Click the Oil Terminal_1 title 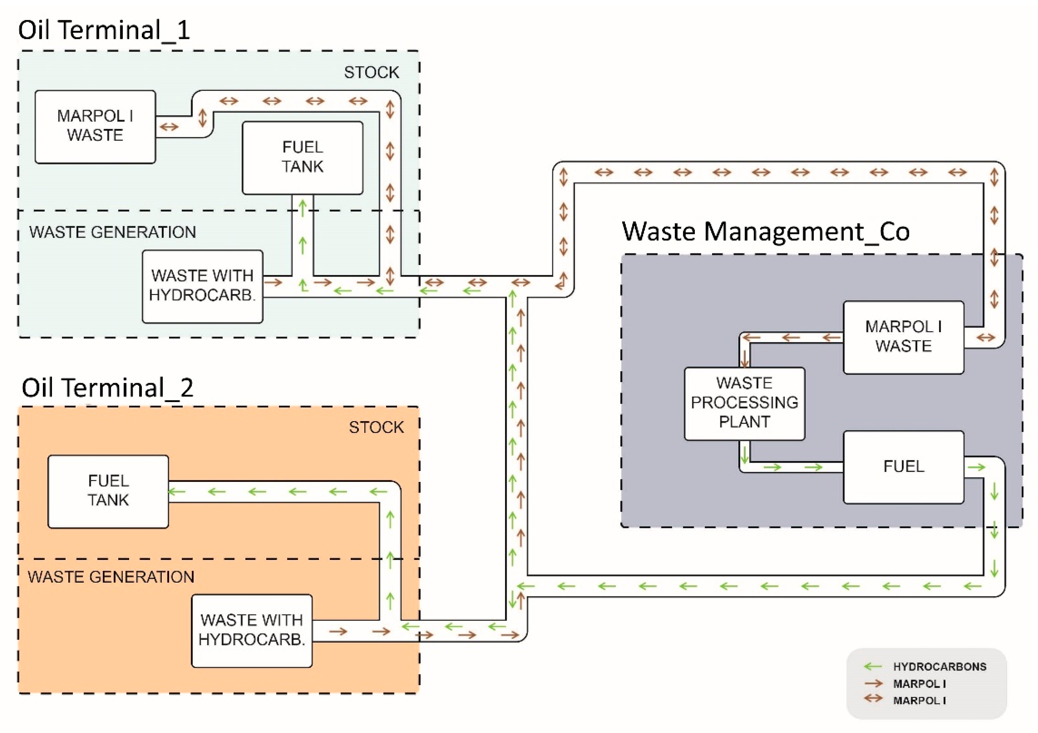[x=104, y=30]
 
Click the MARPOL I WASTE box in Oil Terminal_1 [x=95, y=126]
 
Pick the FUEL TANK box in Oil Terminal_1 [x=303, y=157]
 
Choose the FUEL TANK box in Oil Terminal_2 [x=108, y=491]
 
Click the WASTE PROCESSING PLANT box [x=744, y=403]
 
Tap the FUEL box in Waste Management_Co [x=903, y=467]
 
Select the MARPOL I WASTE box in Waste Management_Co [x=903, y=337]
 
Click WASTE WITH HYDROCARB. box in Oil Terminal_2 [x=252, y=630]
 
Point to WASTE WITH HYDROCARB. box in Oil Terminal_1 [x=202, y=286]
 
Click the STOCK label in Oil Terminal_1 [x=371, y=72]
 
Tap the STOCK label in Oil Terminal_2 [x=376, y=427]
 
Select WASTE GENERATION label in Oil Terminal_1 [x=113, y=232]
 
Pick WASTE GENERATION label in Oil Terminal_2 [x=111, y=577]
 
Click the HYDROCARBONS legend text [x=939, y=666]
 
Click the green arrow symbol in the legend [x=873, y=666]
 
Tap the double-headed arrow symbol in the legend [x=873, y=699]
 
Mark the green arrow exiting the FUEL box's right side [x=976, y=467]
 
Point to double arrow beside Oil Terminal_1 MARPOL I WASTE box [x=169, y=127]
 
